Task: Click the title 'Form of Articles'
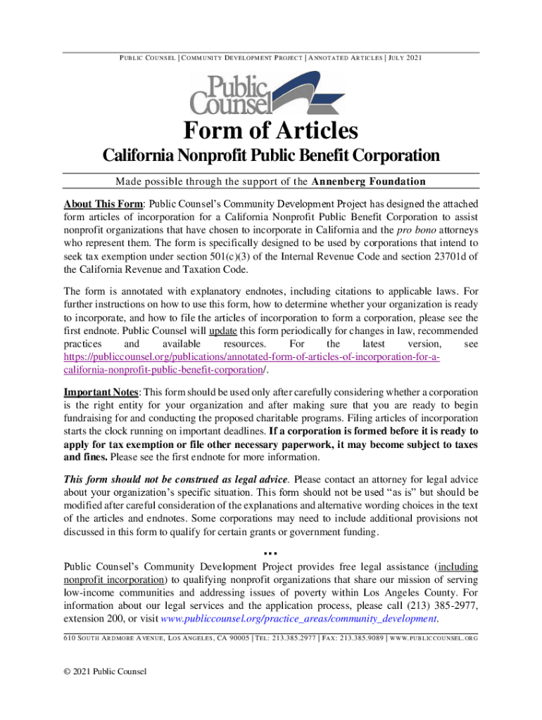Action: (271, 131)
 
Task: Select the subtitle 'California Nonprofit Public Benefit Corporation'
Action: (271, 155)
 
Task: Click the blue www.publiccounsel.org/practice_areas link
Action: (299, 619)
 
